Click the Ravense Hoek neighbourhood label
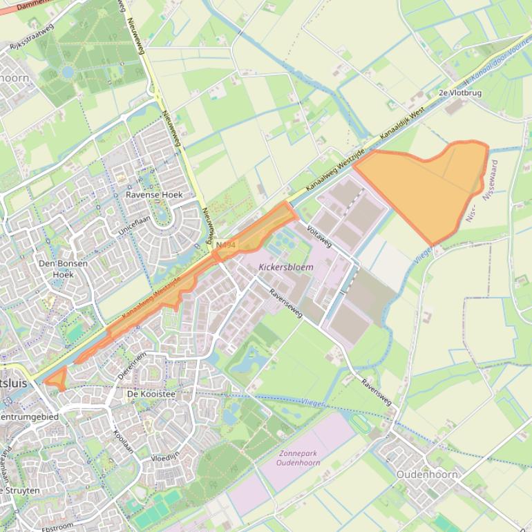coord(154,195)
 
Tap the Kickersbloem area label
coord(286,267)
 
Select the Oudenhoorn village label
coord(427,475)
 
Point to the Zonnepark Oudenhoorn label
coord(298,457)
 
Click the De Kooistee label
coord(151,394)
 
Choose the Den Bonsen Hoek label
coord(56,269)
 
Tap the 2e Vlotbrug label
coord(459,92)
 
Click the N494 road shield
coord(225,245)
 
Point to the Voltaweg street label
coord(319,236)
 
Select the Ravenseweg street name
coord(286,303)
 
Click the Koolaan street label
coord(122,440)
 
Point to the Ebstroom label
coord(57,526)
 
